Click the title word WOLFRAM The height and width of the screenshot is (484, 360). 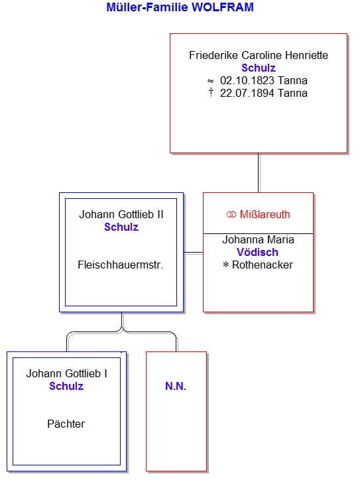tap(222, 7)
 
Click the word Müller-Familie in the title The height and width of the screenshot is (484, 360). tap(147, 7)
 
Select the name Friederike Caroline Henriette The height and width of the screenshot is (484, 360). tap(259, 55)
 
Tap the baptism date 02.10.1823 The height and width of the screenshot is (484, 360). tap(247, 81)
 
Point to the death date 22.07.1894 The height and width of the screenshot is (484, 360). tap(247, 93)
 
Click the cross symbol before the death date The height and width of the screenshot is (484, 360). tap(211, 92)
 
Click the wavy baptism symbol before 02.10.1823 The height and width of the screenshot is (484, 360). tap(211, 81)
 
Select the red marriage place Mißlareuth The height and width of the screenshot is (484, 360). tap(265, 214)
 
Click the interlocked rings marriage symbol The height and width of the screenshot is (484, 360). tap(231, 215)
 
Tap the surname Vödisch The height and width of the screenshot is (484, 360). tap(257, 252)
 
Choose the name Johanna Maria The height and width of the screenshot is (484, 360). tap(258, 239)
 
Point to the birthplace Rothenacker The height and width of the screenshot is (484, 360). tap(263, 265)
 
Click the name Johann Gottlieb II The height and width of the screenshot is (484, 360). tap(121, 214)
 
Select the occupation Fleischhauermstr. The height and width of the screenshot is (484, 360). tap(121, 265)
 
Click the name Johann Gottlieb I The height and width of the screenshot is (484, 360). tap(66, 373)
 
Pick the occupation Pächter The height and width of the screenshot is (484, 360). tap(66, 424)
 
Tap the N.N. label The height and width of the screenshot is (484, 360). tap(176, 386)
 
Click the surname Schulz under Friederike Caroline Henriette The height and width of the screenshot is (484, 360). tap(259, 68)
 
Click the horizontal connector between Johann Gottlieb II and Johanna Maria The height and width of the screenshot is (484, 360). tap(194, 253)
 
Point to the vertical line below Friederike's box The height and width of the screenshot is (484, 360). tap(259, 173)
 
